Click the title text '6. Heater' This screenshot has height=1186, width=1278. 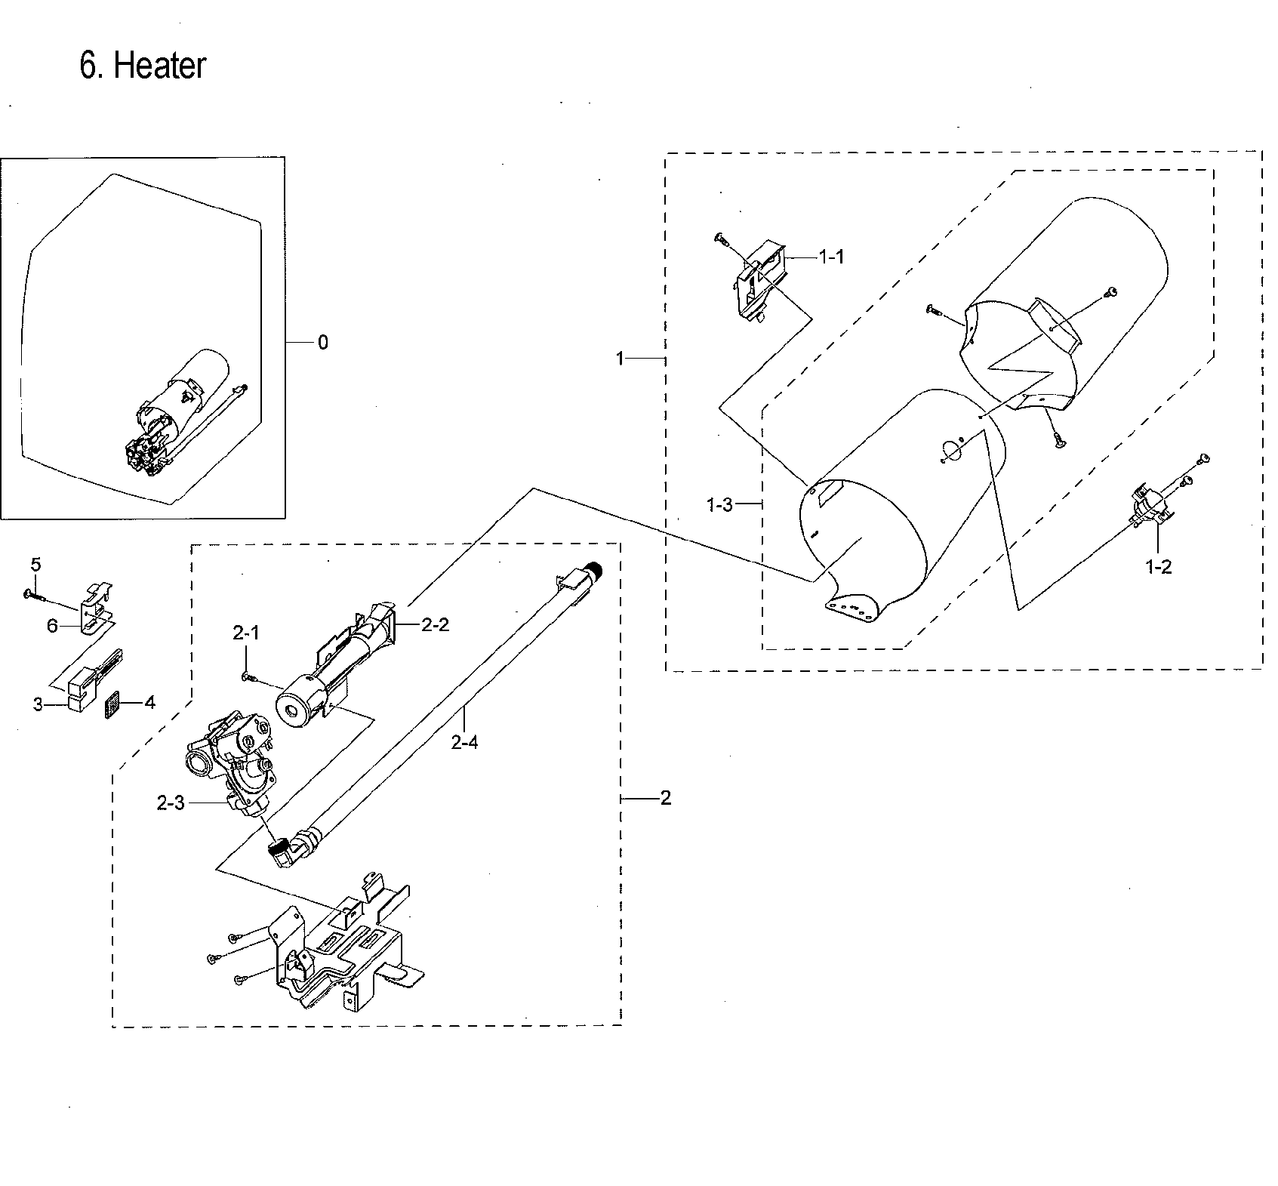pos(143,66)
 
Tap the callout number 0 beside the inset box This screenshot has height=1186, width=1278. pos(323,343)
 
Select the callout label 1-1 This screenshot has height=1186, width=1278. pos(831,257)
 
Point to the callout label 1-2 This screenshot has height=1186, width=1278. pos(1158,567)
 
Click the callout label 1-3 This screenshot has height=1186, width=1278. pos(719,505)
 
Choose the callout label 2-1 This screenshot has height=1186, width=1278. pos(246,633)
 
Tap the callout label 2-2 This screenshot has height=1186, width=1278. pos(436,624)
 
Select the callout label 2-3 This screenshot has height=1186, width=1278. pos(171,804)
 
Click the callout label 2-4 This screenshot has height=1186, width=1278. pos(464,742)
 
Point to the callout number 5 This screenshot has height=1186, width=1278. pos(35,565)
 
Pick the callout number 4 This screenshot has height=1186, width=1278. pos(149,703)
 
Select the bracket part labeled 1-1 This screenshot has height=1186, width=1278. pos(759,279)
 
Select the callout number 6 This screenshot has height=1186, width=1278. pos(52,626)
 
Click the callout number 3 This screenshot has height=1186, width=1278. pos(38,705)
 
